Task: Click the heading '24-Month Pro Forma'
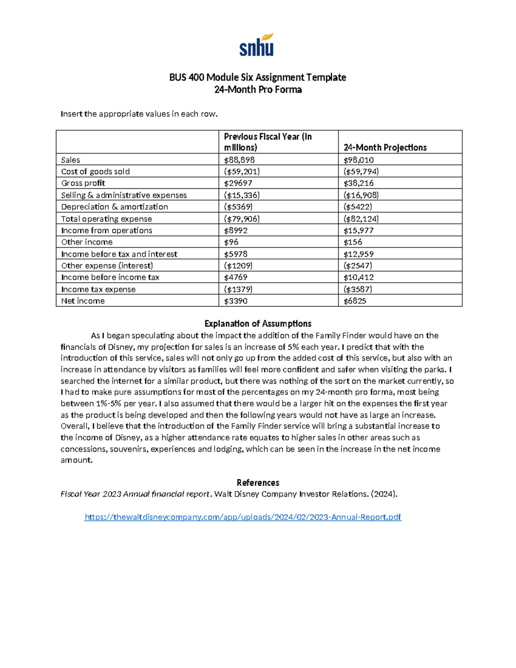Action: pos(258,90)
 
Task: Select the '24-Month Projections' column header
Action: pos(385,148)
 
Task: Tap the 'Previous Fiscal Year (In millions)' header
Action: pos(267,142)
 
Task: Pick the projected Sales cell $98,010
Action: pos(358,160)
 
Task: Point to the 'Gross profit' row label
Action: pos(83,183)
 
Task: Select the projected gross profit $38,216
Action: pos(358,183)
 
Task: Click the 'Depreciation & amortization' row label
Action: pos(114,207)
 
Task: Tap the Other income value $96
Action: pos(231,242)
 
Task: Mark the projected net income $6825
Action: pos(355,301)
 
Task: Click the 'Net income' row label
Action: pos(83,301)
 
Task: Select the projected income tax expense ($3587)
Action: pos(358,289)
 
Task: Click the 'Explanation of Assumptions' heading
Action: pos(258,324)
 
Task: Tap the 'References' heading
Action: pos(258,483)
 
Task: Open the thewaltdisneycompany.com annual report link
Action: pos(243,517)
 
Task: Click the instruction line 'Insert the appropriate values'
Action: pos(139,114)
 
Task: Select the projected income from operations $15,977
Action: pos(358,231)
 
